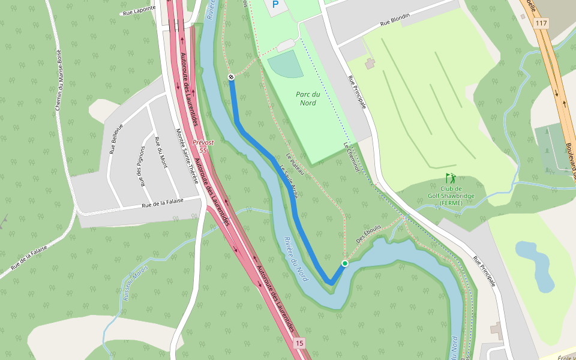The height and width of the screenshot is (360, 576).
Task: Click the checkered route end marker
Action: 231,77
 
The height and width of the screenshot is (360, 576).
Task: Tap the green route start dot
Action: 345,263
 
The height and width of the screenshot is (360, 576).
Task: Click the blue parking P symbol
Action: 275,4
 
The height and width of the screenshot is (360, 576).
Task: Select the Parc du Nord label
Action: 307,98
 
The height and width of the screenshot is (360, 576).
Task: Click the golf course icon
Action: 450,178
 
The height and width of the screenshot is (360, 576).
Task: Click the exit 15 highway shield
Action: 299,343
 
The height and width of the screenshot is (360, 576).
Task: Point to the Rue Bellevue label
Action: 116,139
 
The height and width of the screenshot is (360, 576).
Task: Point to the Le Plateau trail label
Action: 295,165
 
